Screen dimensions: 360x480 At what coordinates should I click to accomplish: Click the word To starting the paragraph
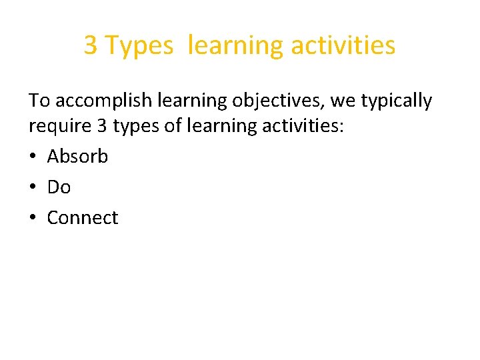click(39, 101)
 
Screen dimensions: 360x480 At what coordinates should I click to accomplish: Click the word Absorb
click(77, 156)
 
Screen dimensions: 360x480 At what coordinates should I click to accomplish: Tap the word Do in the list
click(59, 187)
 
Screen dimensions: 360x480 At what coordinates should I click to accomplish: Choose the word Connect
click(83, 217)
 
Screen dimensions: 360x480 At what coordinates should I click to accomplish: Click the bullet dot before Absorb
click(33, 157)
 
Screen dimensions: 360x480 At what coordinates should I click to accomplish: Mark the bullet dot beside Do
click(33, 187)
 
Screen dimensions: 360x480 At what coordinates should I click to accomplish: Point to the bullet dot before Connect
click(33, 218)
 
